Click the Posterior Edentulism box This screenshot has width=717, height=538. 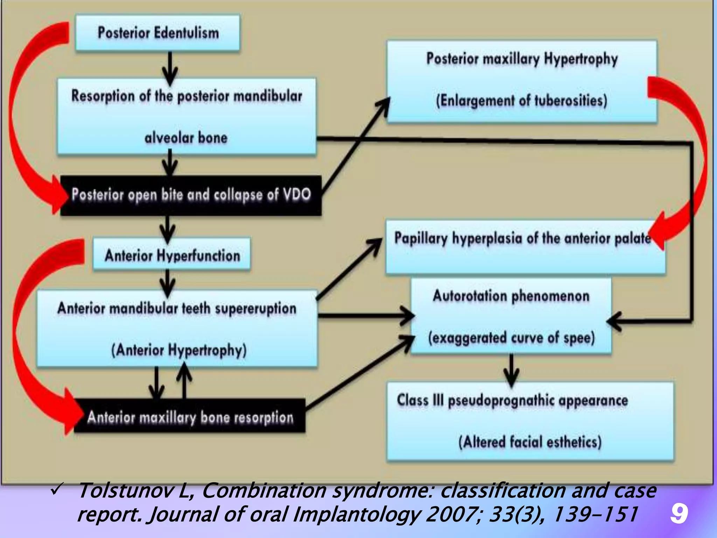click(x=158, y=33)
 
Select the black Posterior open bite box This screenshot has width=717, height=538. click(x=191, y=195)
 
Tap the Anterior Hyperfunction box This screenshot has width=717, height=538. click(x=172, y=255)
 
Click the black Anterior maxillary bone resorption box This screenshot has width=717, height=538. click(x=190, y=417)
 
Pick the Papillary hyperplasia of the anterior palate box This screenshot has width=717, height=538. click(x=525, y=247)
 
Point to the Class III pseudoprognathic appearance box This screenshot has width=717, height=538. click(x=530, y=420)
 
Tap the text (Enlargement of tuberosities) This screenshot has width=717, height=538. click(x=522, y=101)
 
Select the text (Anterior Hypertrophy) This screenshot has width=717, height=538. click(x=179, y=350)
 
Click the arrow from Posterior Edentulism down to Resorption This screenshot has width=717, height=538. click(x=170, y=68)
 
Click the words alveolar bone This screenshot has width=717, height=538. click(x=186, y=138)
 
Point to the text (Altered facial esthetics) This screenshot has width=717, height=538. click(x=530, y=442)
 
